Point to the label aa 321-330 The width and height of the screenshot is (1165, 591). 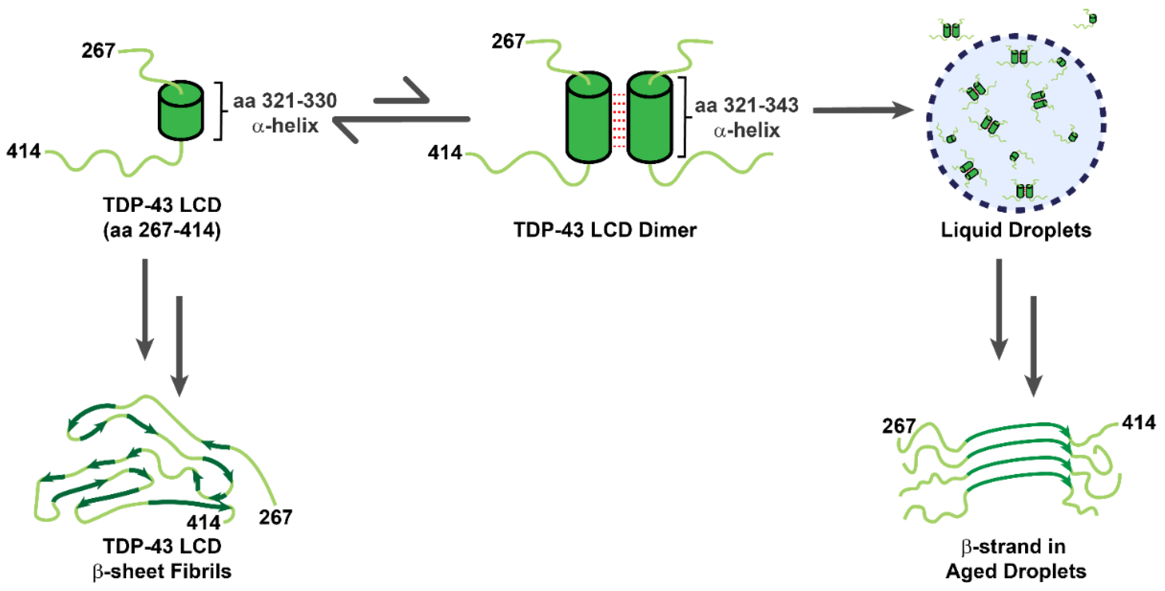pos(285,100)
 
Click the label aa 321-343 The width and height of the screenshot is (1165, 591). pos(746,105)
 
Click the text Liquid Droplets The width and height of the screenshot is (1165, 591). pos(1016,230)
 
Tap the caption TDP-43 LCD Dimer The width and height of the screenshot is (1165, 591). pos(605,230)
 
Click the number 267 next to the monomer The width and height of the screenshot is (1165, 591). pos(98,50)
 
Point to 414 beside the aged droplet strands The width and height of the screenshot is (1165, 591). pos(1138,422)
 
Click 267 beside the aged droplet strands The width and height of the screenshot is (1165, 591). pos(899,426)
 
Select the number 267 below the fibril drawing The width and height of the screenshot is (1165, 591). pos(275,517)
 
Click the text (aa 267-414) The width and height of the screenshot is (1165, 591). pos(162,230)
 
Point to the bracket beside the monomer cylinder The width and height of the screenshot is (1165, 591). pos(219,111)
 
